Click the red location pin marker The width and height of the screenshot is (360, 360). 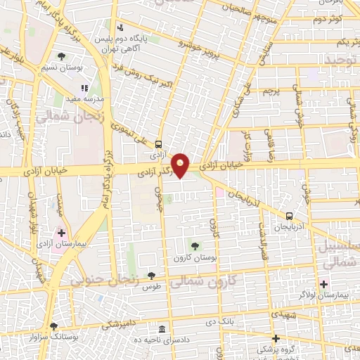tap(181, 165)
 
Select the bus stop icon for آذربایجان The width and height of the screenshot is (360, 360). tap(290, 216)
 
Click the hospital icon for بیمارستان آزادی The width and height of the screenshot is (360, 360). tap(61, 233)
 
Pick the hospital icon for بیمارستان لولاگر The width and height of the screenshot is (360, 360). tap(324, 284)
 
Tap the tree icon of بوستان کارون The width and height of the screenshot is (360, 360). tap(195, 245)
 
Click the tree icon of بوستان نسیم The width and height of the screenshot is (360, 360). tap(61, 56)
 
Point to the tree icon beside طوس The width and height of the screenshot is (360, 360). tap(151, 275)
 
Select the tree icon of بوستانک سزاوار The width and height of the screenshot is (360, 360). tap(53, 326)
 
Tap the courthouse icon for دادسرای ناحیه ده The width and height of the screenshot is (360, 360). tap(162, 330)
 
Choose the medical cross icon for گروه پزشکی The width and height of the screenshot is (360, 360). tap(276, 339)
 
